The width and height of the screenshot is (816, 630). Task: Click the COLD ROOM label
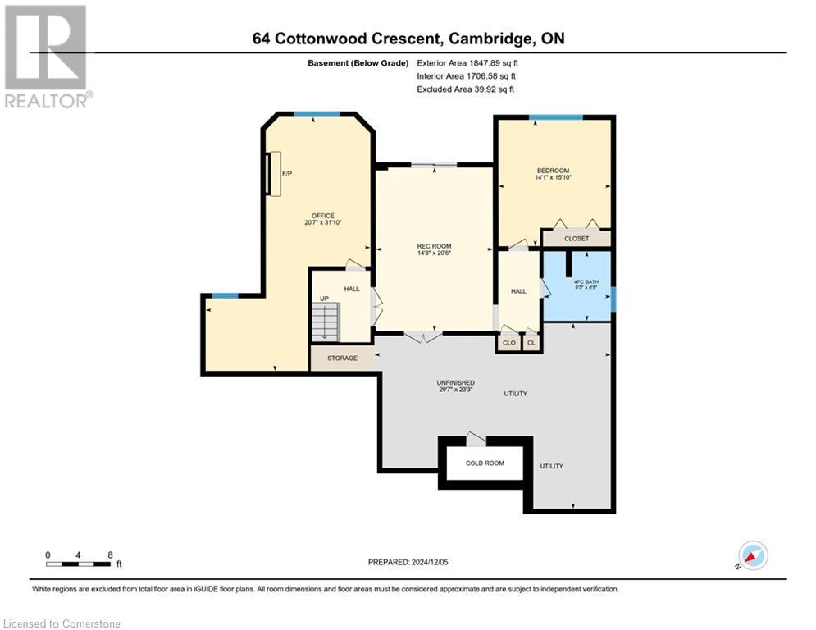click(485, 463)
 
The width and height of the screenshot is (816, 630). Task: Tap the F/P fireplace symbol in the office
click(276, 174)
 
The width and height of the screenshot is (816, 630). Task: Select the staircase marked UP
click(326, 320)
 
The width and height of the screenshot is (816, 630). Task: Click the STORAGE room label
click(342, 358)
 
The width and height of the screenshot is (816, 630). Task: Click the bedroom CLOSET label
click(577, 238)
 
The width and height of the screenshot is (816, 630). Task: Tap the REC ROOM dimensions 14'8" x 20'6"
click(434, 253)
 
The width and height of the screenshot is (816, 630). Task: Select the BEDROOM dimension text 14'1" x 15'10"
click(552, 177)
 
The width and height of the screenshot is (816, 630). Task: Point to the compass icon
click(752, 555)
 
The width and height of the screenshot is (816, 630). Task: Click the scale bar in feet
click(79, 563)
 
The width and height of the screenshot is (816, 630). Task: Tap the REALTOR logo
click(46, 56)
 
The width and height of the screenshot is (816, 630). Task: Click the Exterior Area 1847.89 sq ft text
click(467, 62)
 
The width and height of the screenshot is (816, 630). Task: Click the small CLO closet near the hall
click(509, 343)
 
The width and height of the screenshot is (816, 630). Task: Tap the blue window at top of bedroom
click(555, 117)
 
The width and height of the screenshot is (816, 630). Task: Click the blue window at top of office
click(317, 113)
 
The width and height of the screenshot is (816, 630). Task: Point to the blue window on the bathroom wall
click(613, 299)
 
